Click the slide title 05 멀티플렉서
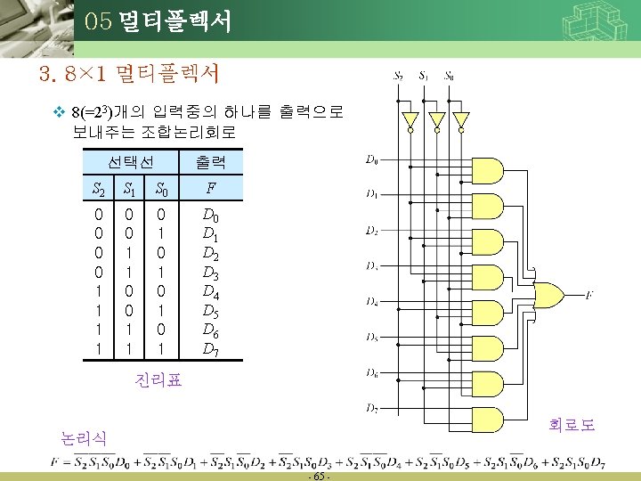[158, 21]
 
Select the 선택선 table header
[131, 163]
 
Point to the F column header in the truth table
[210, 189]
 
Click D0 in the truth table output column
[210, 215]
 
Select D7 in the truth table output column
[210, 349]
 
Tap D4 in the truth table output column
[210, 291]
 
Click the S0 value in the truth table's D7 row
[160, 349]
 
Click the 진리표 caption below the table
[158, 380]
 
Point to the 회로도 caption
[572, 424]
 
